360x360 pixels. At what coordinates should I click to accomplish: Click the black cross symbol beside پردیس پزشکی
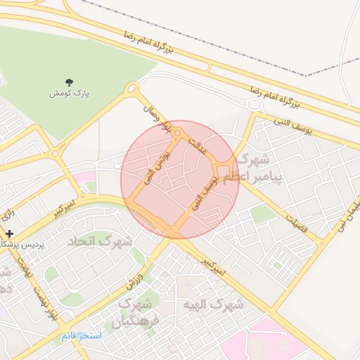[x=8, y=233]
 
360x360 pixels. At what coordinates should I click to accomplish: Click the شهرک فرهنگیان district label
[x=136, y=314]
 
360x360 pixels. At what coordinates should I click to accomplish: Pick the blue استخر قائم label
[x=82, y=335]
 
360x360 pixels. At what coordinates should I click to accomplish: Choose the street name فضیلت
[x=295, y=221]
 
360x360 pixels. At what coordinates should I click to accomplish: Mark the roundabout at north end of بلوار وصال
[x=131, y=89]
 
